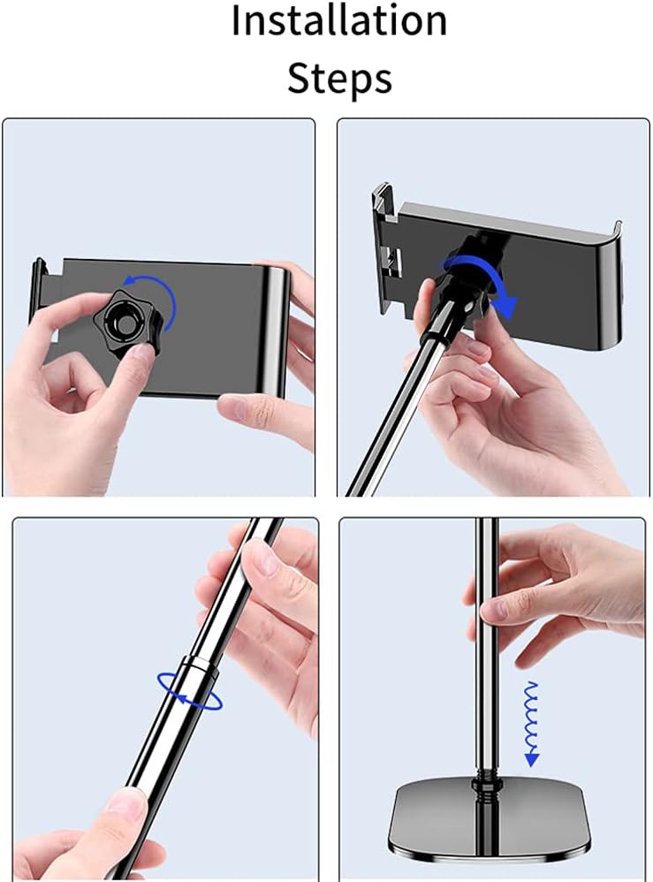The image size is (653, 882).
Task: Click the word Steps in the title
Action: [338, 78]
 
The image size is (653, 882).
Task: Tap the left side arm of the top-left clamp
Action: [39, 292]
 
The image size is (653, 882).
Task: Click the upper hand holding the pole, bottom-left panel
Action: [265, 601]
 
